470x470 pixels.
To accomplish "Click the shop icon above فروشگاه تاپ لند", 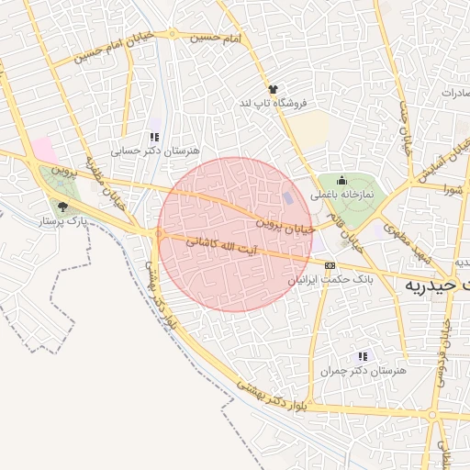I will coord(273,89).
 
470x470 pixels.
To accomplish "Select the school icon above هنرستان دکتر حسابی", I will coord(154,137).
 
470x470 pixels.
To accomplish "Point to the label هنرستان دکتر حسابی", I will coord(154,150).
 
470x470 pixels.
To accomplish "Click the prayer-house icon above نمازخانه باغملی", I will coord(342,181).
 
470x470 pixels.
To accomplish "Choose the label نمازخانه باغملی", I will coord(341,195).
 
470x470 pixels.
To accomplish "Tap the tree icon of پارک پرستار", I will coord(62,207).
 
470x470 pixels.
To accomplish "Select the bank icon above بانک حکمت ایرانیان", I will coord(330,265).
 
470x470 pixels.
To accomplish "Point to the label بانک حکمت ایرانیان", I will coord(328,279).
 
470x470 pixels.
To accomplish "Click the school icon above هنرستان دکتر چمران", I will coord(363,356).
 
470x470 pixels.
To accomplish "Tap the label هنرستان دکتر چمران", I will coord(363,370).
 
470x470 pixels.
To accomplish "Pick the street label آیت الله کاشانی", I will coord(229,247).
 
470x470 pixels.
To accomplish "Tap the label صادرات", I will coord(455,93).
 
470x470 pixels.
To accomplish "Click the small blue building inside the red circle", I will coord(290,198).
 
